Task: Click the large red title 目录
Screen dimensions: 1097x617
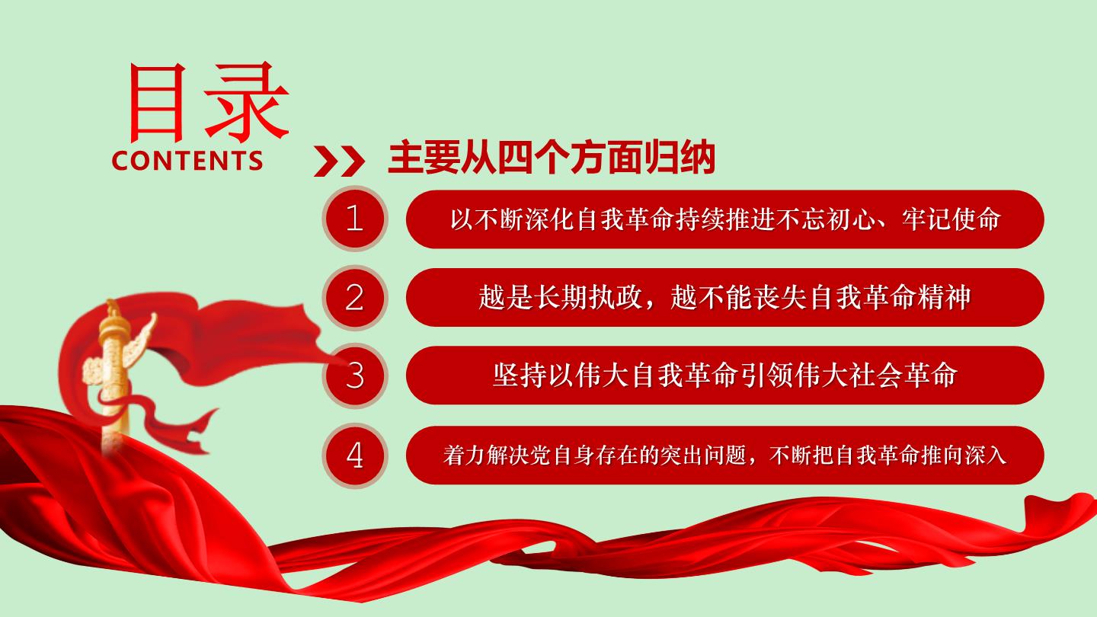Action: (208, 102)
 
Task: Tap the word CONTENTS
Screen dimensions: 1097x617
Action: (187, 161)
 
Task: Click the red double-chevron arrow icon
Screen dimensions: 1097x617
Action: (339, 161)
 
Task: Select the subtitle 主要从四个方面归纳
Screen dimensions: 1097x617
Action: (552, 158)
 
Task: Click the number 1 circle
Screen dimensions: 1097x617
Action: (354, 219)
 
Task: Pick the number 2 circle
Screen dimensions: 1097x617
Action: (354, 297)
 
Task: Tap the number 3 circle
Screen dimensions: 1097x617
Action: (354, 376)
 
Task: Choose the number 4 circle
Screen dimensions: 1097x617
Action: (354, 456)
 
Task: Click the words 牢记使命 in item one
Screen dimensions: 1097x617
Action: (951, 219)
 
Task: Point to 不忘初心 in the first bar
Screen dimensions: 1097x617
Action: (826, 219)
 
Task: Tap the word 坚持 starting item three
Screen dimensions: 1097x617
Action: (520, 376)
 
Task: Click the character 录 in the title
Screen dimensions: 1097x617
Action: (247, 102)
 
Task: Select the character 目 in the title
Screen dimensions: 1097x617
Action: (157, 103)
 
